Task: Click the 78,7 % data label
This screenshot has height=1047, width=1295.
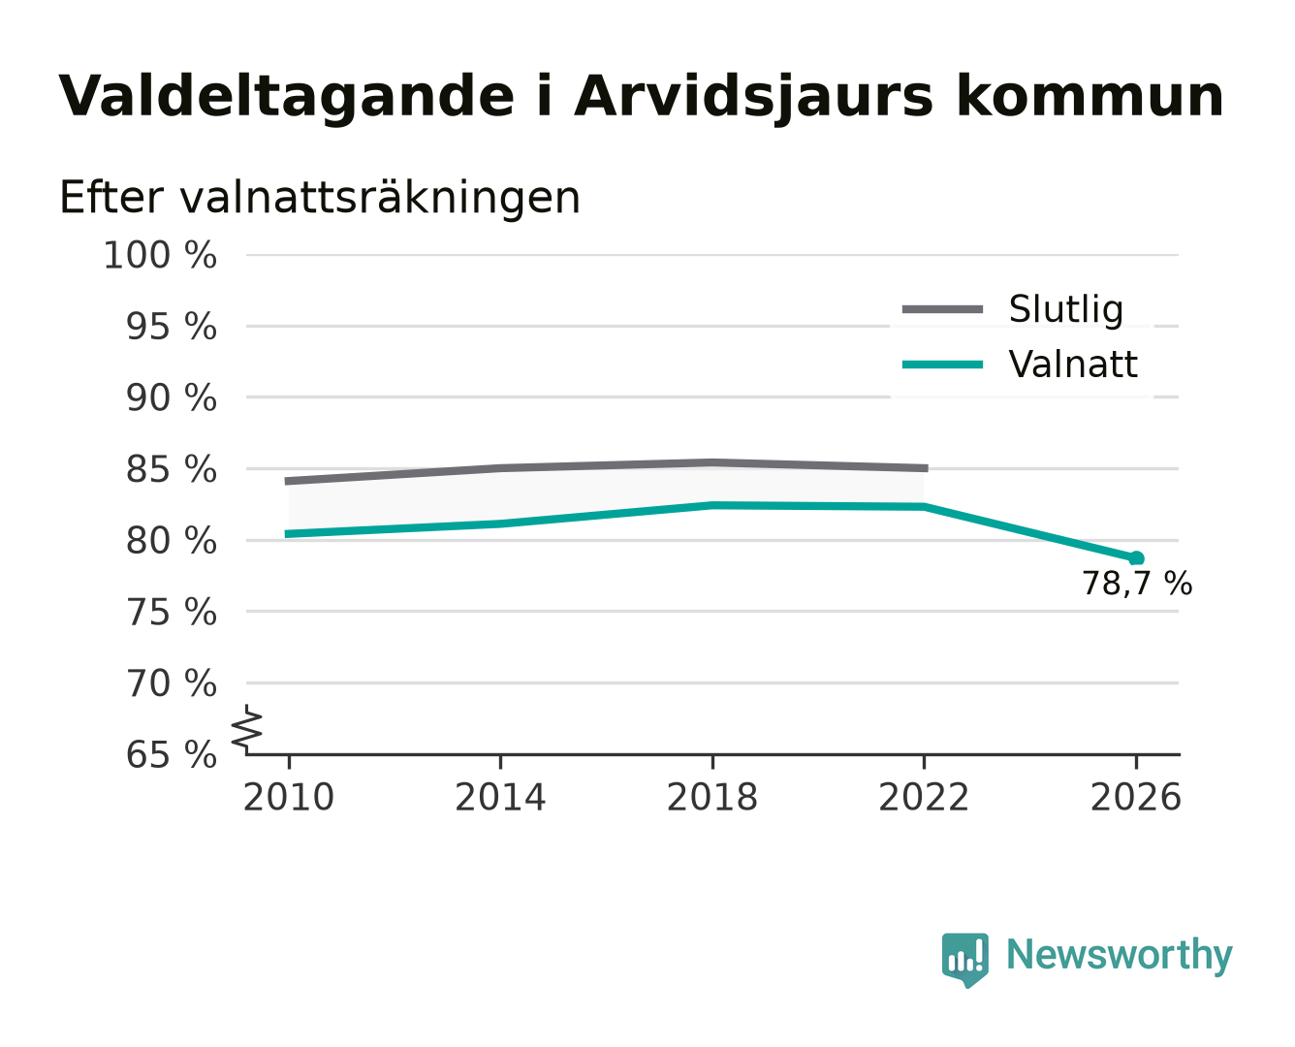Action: point(1136,584)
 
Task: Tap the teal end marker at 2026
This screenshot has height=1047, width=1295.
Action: point(1136,558)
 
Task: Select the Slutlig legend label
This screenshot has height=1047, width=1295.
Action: point(1065,309)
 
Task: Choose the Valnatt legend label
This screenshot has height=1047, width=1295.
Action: point(1072,365)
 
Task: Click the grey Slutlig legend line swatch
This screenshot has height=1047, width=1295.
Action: point(942,309)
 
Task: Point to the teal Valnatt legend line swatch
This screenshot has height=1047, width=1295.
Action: point(942,365)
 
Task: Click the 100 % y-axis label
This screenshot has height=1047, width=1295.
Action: point(160,255)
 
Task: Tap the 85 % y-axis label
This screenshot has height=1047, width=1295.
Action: point(171,469)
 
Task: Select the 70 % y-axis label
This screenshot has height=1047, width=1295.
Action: point(171,683)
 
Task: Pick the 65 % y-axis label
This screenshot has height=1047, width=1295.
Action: point(171,754)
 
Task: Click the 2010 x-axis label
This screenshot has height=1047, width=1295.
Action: point(289,797)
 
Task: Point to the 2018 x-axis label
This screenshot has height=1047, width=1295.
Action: point(711,797)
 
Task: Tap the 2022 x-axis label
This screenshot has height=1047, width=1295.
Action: point(924,797)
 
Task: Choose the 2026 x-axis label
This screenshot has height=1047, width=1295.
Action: point(1135,797)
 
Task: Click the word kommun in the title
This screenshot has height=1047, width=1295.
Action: point(1090,96)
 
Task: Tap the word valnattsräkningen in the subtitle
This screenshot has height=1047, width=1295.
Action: point(380,198)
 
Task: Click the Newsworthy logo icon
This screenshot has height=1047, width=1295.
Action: point(964,960)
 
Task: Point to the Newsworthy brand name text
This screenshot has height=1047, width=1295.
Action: point(1120,955)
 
